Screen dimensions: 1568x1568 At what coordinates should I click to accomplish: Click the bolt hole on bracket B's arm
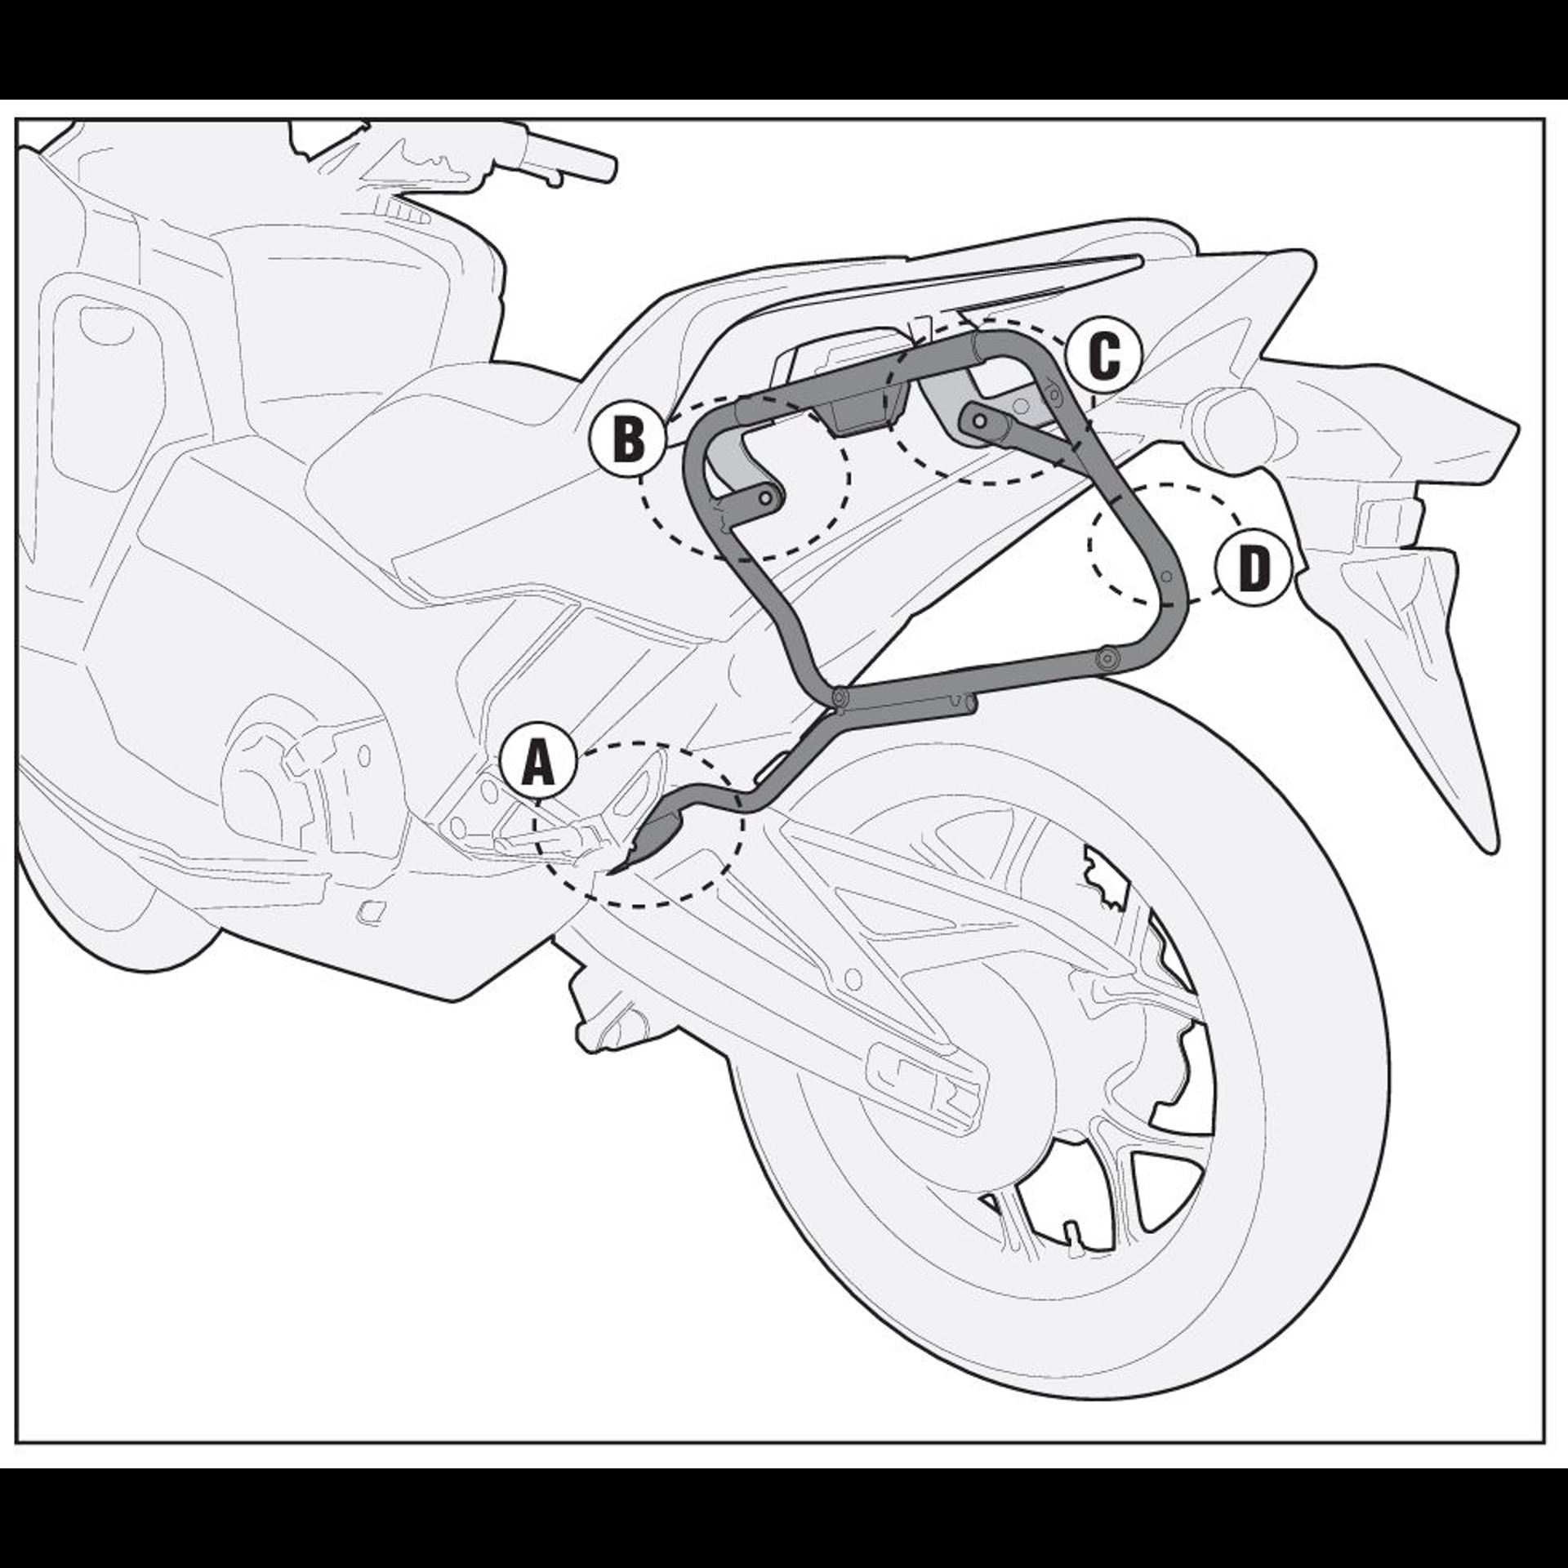pyautogui.click(x=766, y=497)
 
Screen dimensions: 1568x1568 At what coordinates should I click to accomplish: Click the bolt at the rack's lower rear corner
pyautogui.click(x=1108, y=659)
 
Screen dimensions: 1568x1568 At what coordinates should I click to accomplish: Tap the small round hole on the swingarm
pyautogui.click(x=854, y=976)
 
